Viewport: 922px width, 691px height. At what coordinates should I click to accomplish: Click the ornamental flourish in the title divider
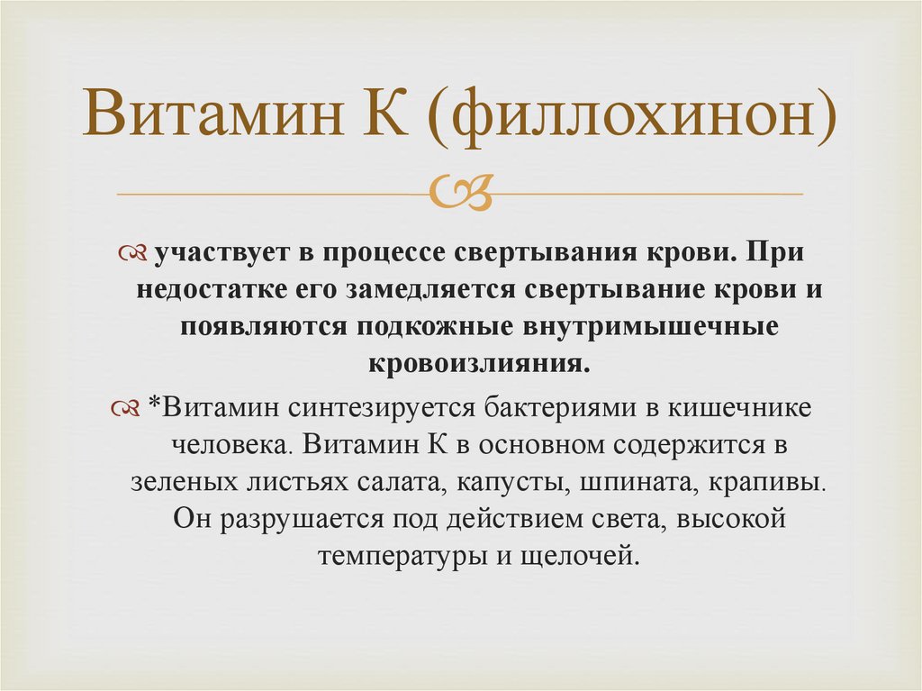pos(460,192)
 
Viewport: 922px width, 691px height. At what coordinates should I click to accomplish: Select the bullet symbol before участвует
pos(134,254)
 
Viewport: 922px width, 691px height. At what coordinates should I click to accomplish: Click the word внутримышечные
pos(646,328)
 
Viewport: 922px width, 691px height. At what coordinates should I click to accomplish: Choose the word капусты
pos(511,481)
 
